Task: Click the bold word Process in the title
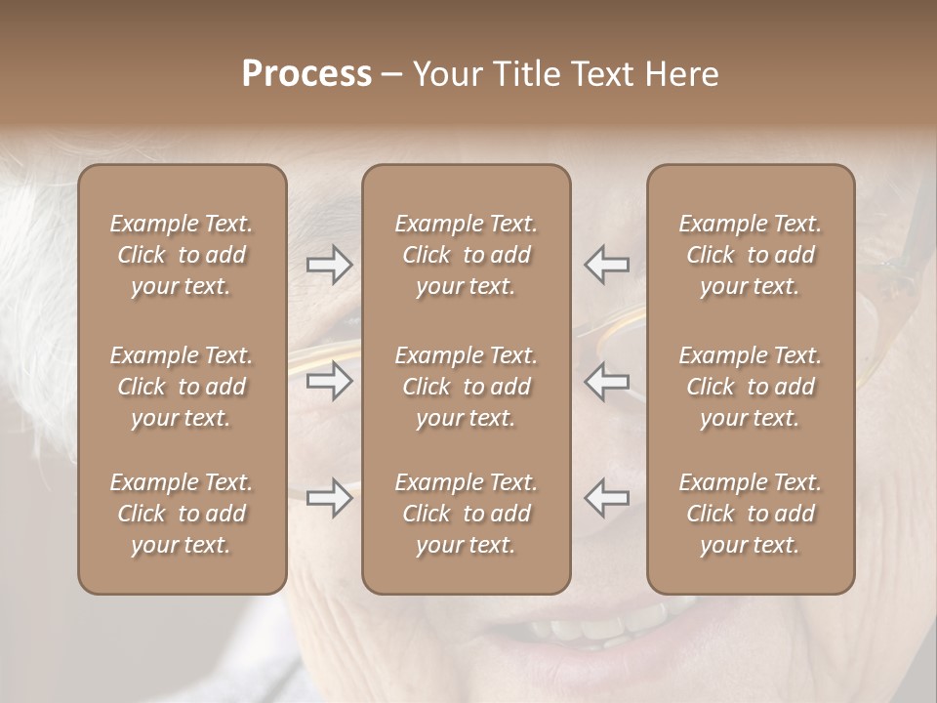tap(306, 74)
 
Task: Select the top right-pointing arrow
tap(329, 264)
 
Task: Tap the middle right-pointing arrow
tap(329, 381)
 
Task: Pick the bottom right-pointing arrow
tap(329, 498)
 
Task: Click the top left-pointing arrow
tap(606, 264)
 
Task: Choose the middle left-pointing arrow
tap(606, 381)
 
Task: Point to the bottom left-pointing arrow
tap(606, 498)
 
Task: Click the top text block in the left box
tap(182, 255)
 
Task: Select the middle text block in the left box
tap(182, 387)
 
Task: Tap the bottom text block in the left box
tap(182, 514)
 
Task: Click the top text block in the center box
tap(466, 255)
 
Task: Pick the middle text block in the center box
tap(466, 387)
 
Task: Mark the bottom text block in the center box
tap(466, 514)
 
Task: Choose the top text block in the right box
tap(750, 255)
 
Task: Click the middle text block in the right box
tap(750, 387)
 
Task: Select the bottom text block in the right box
tap(750, 514)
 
